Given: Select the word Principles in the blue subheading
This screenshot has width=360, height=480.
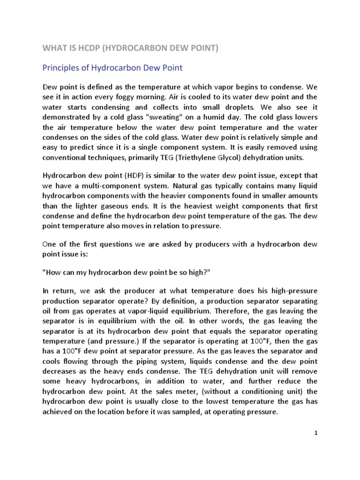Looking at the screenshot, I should click(x=61, y=68).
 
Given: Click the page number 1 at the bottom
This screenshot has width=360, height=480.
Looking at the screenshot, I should click(x=316, y=434).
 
